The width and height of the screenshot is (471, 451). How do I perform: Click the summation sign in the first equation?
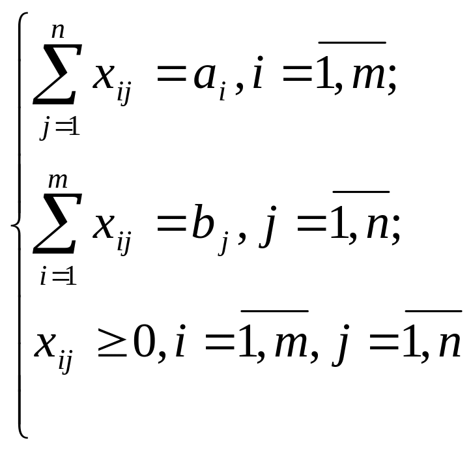(57, 74)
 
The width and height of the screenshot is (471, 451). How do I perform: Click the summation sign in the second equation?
(57, 224)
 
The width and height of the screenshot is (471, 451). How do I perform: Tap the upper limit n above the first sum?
(58, 31)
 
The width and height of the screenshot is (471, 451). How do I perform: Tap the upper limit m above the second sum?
(58, 181)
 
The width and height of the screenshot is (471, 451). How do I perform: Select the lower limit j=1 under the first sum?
(60, 128)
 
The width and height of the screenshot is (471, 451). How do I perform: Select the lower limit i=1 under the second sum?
(58, 276)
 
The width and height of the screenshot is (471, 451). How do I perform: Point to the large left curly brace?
(20, 225)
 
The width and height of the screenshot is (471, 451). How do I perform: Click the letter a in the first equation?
(205, 78)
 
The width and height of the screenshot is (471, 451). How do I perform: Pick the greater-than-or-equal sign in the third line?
(112, 343)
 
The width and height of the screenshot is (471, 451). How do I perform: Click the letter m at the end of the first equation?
(368, 78)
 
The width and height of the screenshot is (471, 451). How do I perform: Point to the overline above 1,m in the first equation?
(352, 43)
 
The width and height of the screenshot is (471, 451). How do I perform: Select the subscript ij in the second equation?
(124, 243)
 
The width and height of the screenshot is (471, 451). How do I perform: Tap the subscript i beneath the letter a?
(222, 91)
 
